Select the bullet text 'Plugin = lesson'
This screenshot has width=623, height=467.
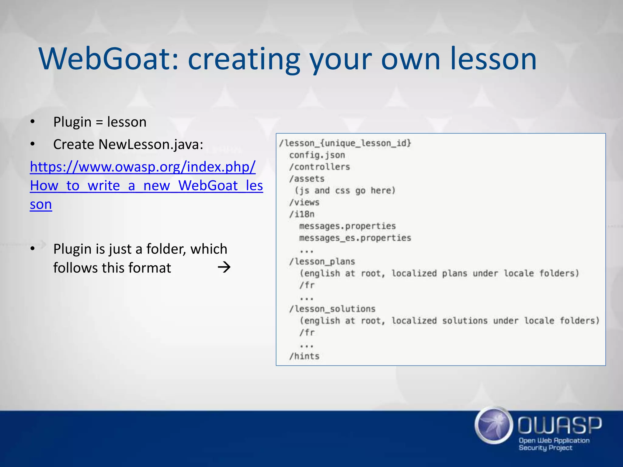coord(100,122)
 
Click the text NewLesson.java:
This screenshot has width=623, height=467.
coord(151,144)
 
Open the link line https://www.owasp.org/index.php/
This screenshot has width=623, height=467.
coord(143,167)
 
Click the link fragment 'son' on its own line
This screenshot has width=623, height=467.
coord(41,204)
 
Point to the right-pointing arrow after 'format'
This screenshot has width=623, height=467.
coord(224,268)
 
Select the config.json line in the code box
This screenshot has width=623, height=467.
coord(317,155)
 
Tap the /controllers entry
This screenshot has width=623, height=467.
coord(319,167)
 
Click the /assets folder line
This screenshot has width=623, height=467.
coord(307,179)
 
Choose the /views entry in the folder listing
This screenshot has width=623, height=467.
coord(304,202)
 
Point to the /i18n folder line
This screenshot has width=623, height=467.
coord(302,214)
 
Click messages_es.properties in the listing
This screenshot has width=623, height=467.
coord(355,238)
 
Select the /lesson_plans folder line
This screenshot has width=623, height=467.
coord(322,261)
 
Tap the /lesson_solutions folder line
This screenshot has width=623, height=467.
coord(332,309)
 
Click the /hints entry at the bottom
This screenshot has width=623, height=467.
coord(304,356)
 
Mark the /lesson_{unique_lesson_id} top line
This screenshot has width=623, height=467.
coord(345,143)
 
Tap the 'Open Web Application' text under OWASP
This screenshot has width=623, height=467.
coord(554,440)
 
